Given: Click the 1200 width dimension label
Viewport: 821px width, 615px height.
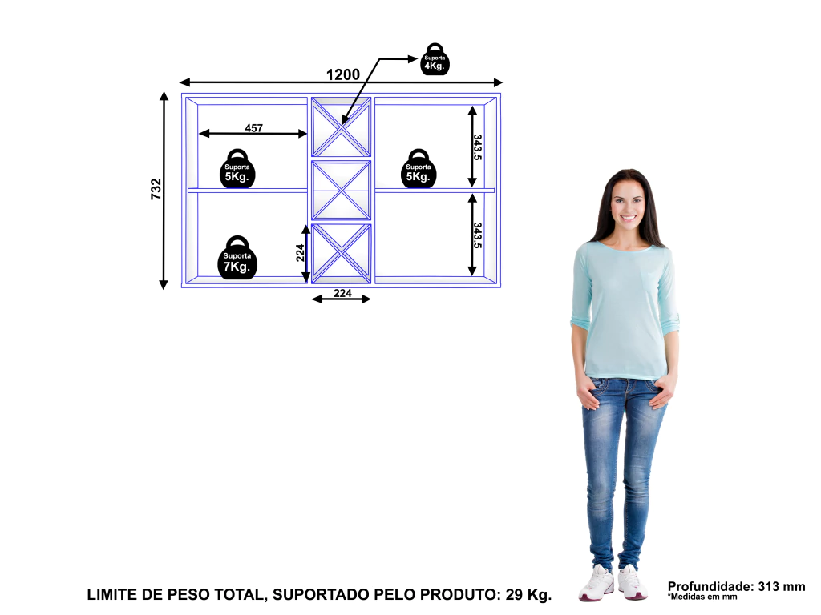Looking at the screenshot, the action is pos(343,74).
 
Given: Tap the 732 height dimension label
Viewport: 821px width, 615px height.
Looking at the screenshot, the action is pos(156,189).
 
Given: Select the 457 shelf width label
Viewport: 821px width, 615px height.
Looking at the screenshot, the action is pos(254,127).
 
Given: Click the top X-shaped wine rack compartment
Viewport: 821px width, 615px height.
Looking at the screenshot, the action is pos(341,127).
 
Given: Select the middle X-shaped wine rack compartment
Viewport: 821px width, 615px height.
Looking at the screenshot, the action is pos(341,191).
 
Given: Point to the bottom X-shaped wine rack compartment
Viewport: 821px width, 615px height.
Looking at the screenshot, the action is pos(341,254).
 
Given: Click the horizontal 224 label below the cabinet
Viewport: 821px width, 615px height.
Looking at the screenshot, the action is pos(342,293).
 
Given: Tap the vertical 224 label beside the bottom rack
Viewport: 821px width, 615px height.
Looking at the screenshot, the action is pos(300,252).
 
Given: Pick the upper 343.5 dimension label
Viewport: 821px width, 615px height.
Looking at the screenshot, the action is pos(478,147).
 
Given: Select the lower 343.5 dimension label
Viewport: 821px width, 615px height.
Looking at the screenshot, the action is pos(478,235).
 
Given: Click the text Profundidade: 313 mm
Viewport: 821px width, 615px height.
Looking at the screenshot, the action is pos(736,586).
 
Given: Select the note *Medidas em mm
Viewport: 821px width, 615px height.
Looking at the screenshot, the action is pos(702,597).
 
